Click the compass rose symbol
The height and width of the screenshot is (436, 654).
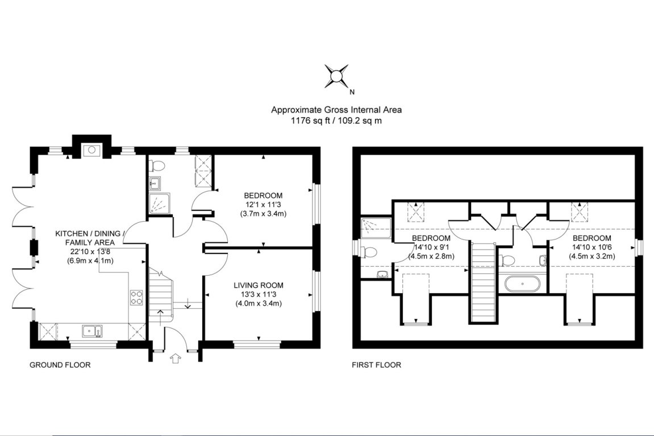click(336, 76)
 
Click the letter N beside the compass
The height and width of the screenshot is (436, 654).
click(352, 92)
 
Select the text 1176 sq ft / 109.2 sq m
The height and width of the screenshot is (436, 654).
click(336, 120)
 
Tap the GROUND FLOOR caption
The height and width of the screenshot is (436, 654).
click(60, 365)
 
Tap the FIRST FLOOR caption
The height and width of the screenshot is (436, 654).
click(376, 365)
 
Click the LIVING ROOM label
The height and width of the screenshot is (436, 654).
click(259, 285)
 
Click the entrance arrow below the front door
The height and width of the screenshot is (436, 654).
click(176, 358)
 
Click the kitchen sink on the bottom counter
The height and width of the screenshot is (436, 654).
click(91, 330)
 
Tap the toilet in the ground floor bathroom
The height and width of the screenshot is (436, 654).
click(157, 165)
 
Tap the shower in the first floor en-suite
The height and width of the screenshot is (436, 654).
click(375, 227)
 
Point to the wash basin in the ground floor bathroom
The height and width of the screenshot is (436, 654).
click(155, 183)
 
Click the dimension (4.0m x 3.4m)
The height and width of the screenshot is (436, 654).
click(259, 303)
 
